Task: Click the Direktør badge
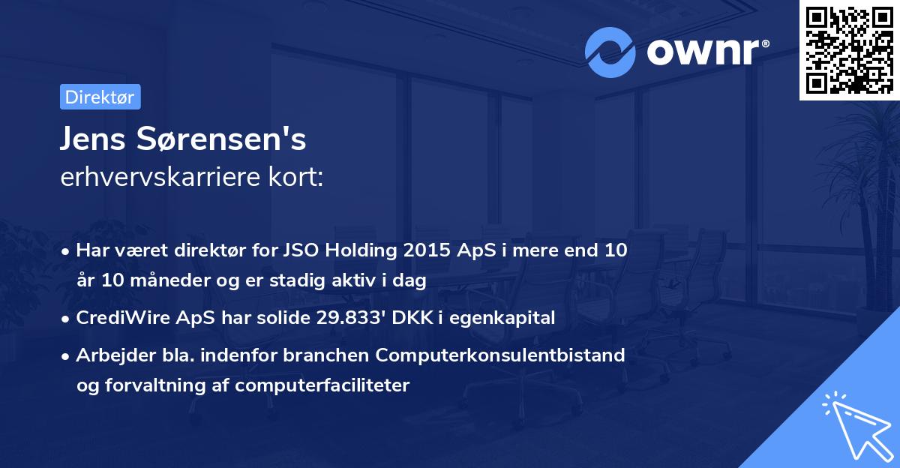pyautogui.click(x=100, y=97)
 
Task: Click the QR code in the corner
pyautogui.click(x=849, y=49)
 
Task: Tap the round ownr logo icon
pyautogui.click(x=610, y=53)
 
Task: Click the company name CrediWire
pyautogui.click(x=115, y=318)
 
